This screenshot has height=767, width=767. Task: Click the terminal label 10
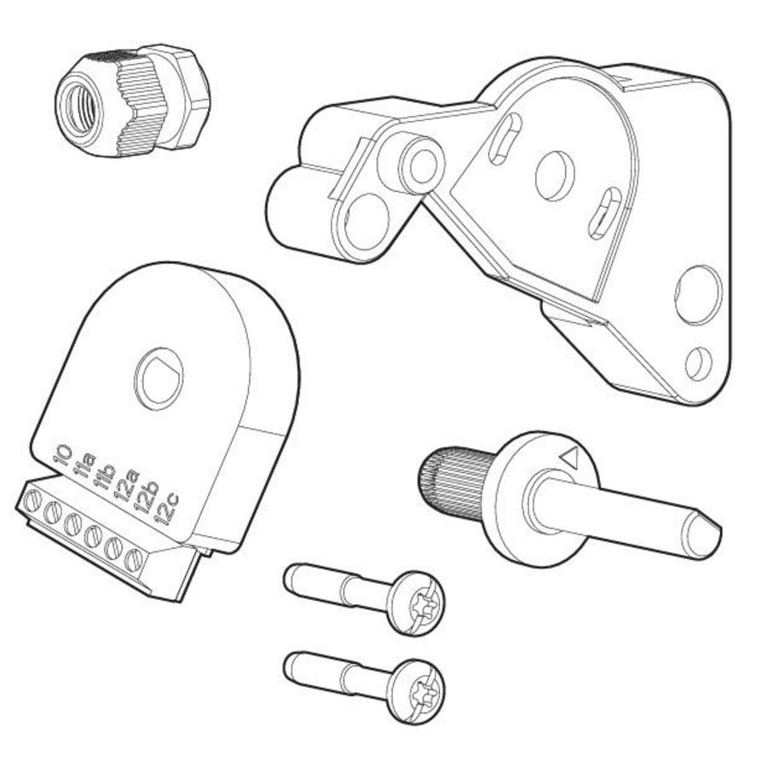click(62, 455)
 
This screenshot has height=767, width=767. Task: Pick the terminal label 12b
click(147, 497)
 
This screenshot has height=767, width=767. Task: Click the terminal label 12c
click(166, 509)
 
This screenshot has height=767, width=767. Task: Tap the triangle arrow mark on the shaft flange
click(569, 458)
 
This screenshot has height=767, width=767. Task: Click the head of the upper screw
click(416, 603)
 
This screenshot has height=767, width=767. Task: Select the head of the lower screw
click(416, 691)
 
